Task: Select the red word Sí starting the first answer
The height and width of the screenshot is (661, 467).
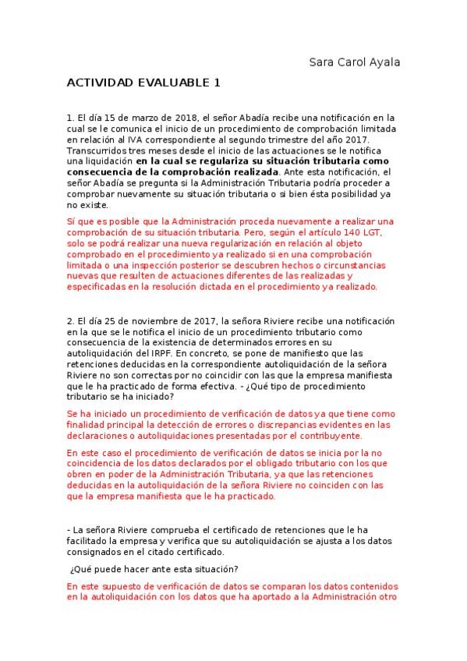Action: tap(73, 221)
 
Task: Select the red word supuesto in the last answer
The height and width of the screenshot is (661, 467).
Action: tap(124, 585)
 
